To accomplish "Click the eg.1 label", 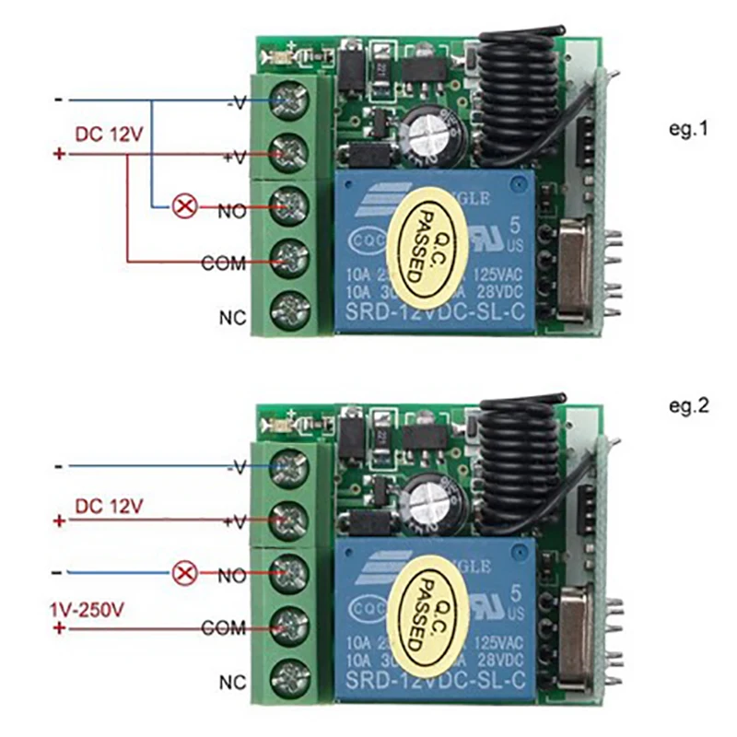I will pos(689,130).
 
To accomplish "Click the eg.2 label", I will pos(689,404).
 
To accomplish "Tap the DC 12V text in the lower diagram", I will pos(110,505).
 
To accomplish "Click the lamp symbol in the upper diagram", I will pos(185,206).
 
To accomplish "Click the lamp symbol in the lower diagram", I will pos(185,574).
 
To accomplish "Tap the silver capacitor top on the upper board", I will pos(429,135).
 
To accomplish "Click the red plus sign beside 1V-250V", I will pos(61,628).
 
